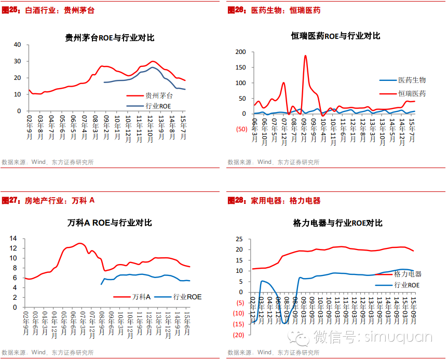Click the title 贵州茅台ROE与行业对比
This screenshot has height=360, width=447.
(x=110, y=38)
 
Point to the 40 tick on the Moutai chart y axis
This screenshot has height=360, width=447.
(x=17, y=45)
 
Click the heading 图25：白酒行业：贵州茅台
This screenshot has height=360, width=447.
(x=48, y=10)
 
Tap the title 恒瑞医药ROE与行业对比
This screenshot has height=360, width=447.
(x=335, y=36)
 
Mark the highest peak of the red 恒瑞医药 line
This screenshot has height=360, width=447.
(x=305, y=56)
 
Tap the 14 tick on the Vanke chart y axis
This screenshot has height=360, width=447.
(x=14, y=239)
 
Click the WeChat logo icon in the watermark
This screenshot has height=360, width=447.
(x=302, y=338)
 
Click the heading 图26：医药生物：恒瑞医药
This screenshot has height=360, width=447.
(x=274, y=10)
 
